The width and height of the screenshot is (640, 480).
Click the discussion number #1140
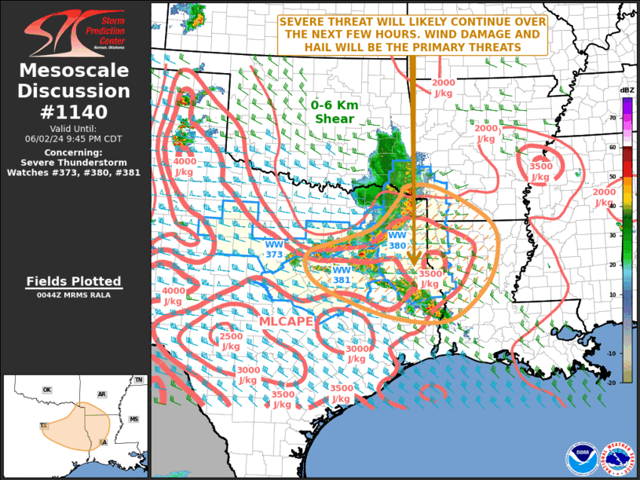point(74,112)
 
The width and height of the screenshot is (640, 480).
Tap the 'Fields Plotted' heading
point(73,281)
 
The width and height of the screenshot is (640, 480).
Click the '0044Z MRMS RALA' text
point(73,295)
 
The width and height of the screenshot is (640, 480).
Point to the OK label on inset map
point(47,390)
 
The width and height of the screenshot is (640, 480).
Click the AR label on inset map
point(102,394)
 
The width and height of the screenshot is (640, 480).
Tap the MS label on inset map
point(133,420)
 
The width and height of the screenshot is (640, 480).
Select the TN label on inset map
point(139,380)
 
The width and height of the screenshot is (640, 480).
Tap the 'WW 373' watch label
point(273,250)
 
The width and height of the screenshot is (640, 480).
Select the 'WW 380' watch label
point(397,240)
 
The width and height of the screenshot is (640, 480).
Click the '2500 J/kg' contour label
point(231,341)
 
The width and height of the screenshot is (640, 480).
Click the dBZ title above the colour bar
point(627,90)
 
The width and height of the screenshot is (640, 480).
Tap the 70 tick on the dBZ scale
point(613,118)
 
